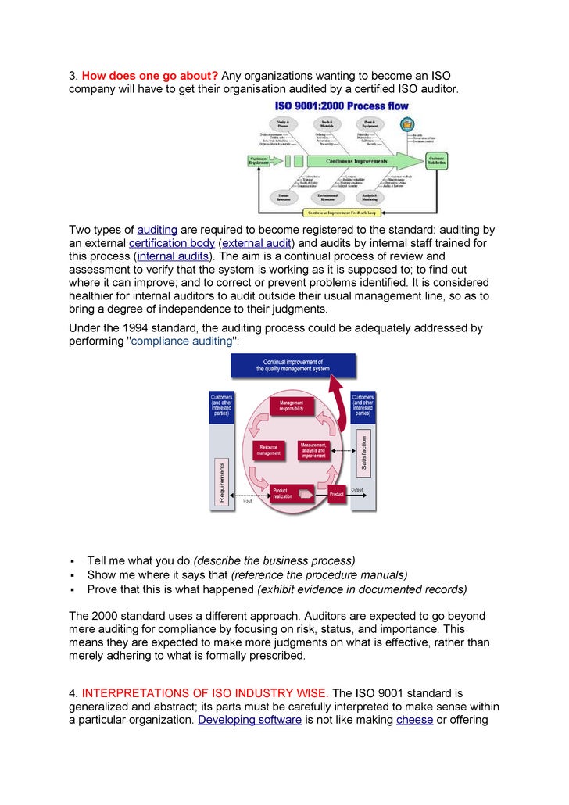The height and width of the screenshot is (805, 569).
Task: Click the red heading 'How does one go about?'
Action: [x=149, y=76]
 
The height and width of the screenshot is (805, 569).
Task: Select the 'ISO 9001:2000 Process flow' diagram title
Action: [x=342, y=106]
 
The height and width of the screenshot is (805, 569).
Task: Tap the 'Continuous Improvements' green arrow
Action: [x=356, y=162]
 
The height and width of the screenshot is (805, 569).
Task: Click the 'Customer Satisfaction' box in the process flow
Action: [x=436, y=160]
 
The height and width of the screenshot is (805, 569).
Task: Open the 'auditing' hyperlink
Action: [x=157, y=230]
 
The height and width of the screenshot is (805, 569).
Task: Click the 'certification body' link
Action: [x=171, y=243]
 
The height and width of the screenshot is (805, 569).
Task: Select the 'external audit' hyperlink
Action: [x=255, y=243]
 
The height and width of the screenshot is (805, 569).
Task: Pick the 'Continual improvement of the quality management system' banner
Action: [x=292, y=366]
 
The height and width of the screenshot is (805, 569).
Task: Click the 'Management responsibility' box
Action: [x=291, y=406]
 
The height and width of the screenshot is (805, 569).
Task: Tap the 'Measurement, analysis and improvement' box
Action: [x=313, y=450]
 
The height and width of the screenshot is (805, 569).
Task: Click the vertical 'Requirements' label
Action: [x=221, y=481]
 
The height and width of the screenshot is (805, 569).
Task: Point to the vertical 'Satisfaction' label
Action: [x=363, y=453]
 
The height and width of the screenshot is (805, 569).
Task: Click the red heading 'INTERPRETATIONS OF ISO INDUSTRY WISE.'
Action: [x=206, y=692]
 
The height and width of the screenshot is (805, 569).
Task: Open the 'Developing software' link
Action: [x=249, y=719]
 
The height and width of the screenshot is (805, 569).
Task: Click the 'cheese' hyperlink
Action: [x=414, y=719]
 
